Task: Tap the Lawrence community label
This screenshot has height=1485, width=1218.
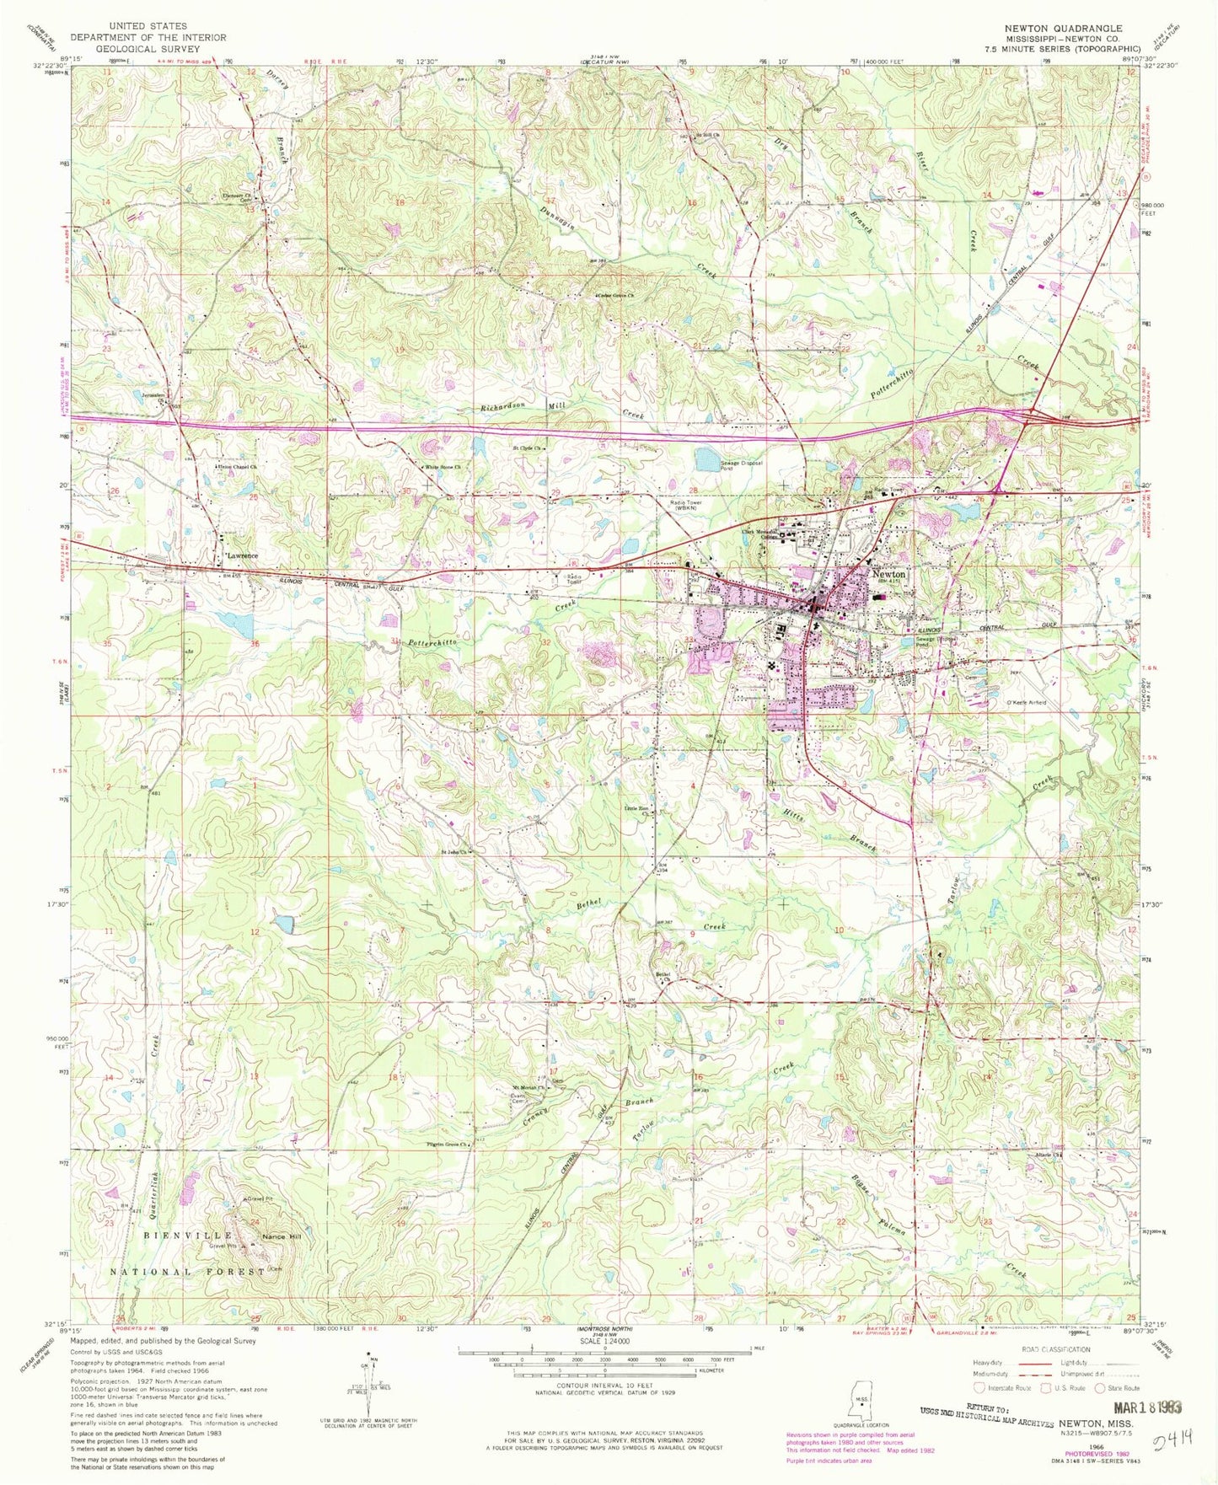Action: [242, 556]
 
